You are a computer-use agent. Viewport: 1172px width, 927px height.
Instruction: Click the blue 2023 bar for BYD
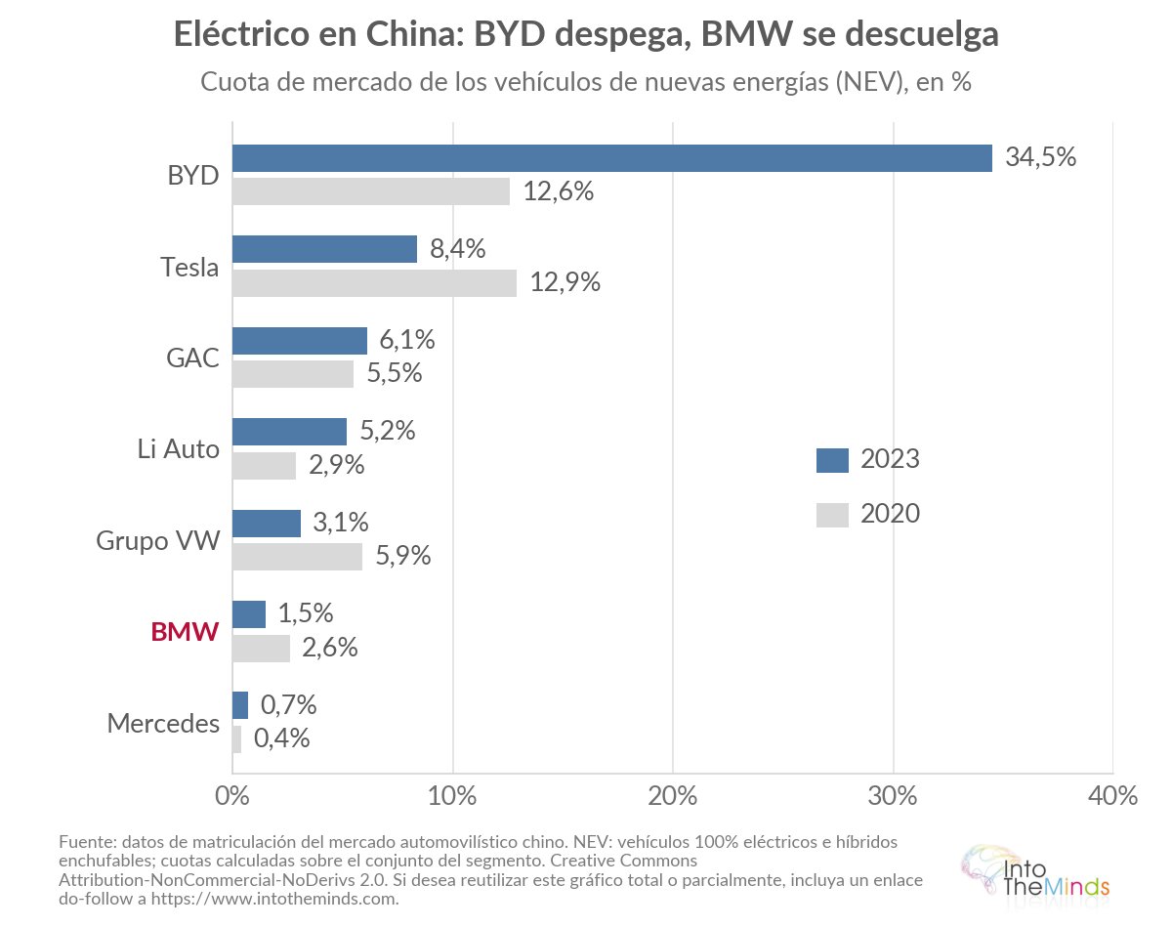[612, 158]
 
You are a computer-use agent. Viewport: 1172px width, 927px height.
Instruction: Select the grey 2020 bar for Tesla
[375, 283]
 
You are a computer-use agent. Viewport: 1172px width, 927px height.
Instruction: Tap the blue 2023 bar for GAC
[300, 341]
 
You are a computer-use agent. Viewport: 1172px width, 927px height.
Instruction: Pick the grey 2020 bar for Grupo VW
[297, 557]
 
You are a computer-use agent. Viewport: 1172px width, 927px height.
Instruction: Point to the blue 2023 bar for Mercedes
[240, 705]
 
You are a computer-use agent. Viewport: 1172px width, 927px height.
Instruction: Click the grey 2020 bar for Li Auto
[264, 466]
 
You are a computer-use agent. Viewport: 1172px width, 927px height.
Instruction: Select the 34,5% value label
[1041, 157]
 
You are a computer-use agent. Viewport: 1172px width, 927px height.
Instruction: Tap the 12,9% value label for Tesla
[565, 282]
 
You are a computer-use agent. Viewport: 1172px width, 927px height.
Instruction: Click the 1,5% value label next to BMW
[306, 613]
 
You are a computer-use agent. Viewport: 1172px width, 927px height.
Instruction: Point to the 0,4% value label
[281, 738]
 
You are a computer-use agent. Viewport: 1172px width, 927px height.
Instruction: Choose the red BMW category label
[186, 632]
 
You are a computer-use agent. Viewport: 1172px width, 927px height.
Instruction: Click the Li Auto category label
[178, 449]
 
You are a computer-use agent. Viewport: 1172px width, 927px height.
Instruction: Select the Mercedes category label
[163, 723]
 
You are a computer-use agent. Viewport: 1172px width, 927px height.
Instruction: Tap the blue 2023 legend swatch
[832, 460]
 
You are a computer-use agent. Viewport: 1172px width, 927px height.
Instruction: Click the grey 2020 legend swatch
[832, 515]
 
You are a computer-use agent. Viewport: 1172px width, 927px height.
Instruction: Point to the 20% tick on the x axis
[673, 796]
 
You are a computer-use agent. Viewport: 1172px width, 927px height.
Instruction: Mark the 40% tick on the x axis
[1112, 796]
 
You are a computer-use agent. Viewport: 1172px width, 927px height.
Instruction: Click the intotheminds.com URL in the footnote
[274, 898]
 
